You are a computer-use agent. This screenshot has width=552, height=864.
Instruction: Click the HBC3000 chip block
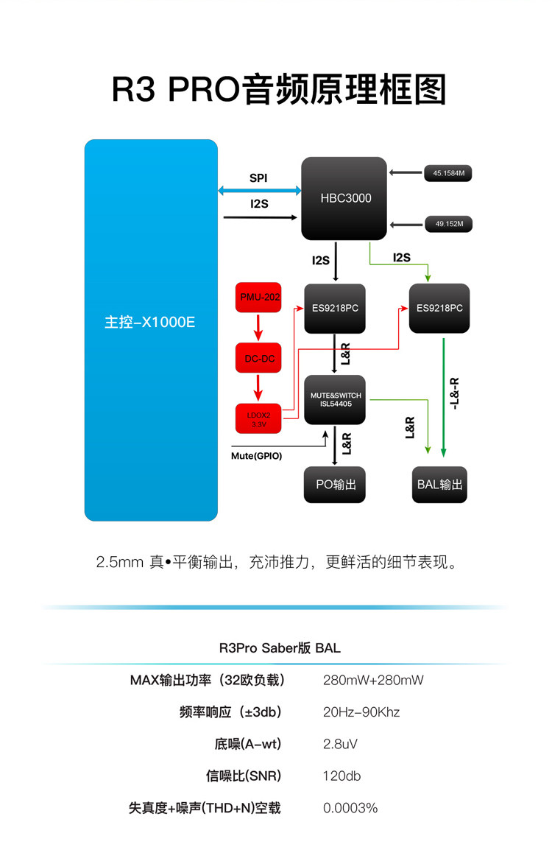coord(344,198)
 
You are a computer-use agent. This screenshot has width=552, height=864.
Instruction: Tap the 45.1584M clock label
coord(448,174)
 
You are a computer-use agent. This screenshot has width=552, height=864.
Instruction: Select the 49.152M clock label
coord(448,224)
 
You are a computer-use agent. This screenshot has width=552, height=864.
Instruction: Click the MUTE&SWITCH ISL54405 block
coord(335,399)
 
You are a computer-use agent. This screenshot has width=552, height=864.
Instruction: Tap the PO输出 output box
coord(335,484)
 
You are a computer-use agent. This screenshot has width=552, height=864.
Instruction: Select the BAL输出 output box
coord(439,484)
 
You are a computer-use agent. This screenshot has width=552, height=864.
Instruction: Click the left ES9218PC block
coord(335,308)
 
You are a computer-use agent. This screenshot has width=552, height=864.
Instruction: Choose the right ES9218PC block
coord(439,308)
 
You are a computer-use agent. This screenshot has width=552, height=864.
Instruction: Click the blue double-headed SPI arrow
coord(260,191)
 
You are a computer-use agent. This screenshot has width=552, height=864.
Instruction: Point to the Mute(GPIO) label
coord(256,456)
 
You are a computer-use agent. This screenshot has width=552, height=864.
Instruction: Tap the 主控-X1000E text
coord(150,322)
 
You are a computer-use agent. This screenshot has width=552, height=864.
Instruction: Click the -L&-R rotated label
coord(455,394)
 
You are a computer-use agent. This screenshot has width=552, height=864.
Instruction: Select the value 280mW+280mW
coord(373,680)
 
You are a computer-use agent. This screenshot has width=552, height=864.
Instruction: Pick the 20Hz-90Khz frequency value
coord(361,712)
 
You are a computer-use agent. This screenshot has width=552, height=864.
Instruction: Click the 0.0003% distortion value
coord(350,808)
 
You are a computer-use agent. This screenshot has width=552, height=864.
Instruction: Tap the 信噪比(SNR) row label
coord(244,776)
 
